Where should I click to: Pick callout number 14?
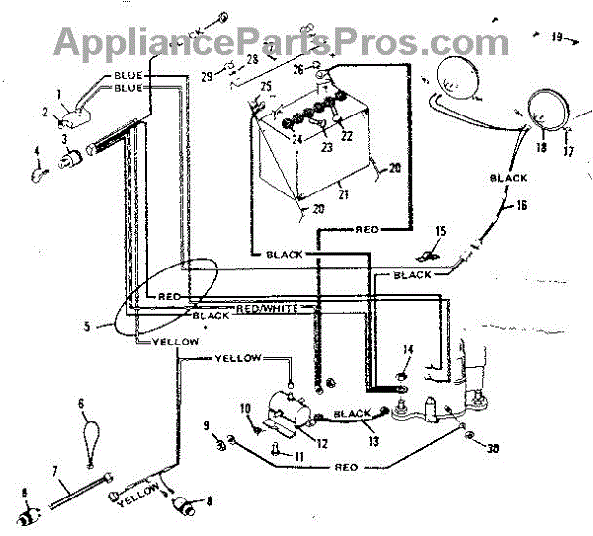point(407,349)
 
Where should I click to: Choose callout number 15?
point(440,231)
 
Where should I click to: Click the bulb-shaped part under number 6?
point(91,434)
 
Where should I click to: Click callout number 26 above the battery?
point(297,70)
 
